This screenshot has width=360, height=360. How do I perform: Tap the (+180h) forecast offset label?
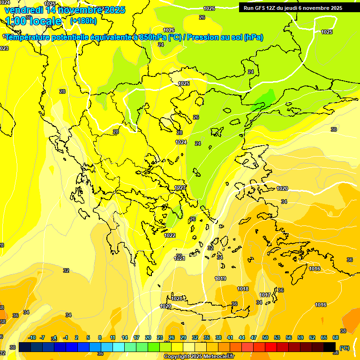click(x=83, y=21)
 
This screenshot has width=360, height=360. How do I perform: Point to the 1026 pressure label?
click(x=169, y=30)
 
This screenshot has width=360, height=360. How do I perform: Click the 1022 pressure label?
click(x=170, y=236)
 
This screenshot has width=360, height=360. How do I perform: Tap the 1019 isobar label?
click(x=220, y=279)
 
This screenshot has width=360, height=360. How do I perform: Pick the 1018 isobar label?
click(x=243, y=289)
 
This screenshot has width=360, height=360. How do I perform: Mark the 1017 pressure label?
click(x=265, y=295)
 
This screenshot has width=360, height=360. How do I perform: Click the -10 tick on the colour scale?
click(x=32, y=338)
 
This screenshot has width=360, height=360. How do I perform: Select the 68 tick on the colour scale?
click(x=336, y=338)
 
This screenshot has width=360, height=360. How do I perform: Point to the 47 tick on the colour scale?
click(x=254, y=338)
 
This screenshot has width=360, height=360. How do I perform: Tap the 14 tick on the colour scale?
click(x=125, y=338)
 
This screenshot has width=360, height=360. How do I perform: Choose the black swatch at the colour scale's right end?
click(x=330, y=347)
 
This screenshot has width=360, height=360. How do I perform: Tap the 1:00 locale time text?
click(x=33, y=21)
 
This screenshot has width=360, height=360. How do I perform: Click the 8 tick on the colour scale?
click(x=100, y=338)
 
